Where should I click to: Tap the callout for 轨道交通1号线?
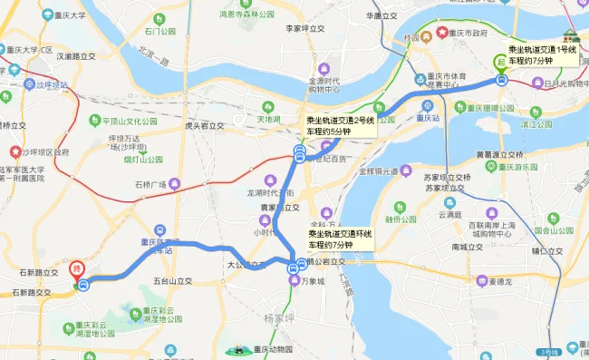(542, 54)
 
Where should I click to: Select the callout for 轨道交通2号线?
(338, 124)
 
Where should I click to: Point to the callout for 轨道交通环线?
(339, 239)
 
